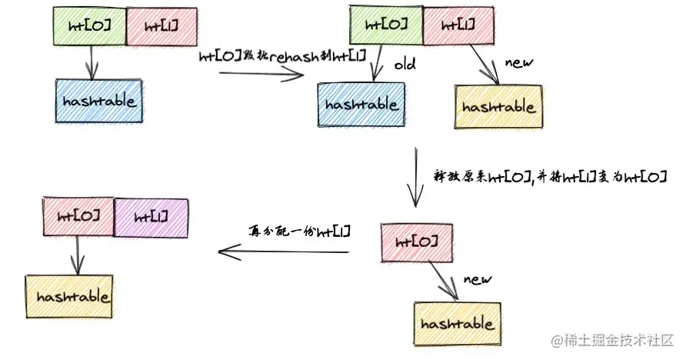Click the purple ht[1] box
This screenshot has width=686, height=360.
(151, 217)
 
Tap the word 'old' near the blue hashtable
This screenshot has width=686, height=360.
(405, 65)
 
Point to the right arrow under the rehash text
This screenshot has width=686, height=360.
(261, 75)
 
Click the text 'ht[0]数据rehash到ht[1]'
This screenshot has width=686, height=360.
(282, 55)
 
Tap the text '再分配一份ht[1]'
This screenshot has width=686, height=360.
(298, 231)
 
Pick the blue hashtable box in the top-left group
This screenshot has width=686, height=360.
(100, 100)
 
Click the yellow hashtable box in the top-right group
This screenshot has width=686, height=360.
(499, 107)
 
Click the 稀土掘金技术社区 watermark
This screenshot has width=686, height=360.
(612, 339)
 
